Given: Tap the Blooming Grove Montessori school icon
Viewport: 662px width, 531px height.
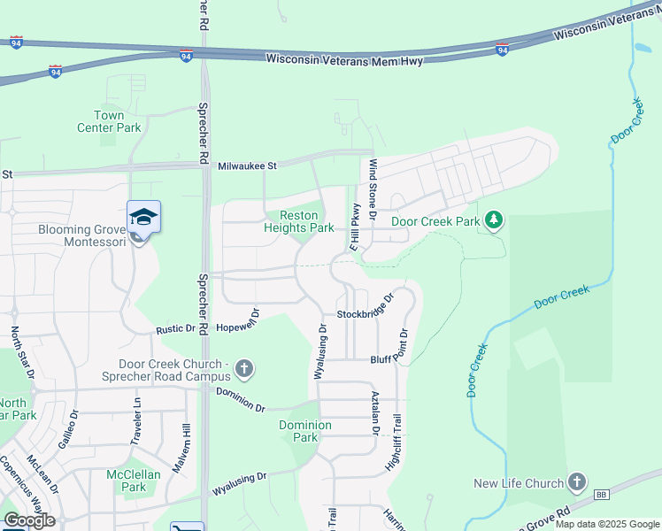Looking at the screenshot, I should [x=143, y=217].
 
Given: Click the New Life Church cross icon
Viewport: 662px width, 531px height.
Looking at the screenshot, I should [x=577, y=482].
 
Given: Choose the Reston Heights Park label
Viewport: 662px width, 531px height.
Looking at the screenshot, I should [x=298, y=221].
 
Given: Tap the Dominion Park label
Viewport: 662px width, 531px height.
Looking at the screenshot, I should [x=304, y=431].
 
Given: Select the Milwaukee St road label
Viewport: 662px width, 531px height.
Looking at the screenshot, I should [x=248, y=165].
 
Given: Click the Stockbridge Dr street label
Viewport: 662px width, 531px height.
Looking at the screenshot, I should [x=364, y=314].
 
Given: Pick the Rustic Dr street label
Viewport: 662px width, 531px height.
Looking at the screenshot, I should [x=175, y=328].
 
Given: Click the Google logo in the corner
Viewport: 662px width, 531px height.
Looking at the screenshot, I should [x=30, y=520].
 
